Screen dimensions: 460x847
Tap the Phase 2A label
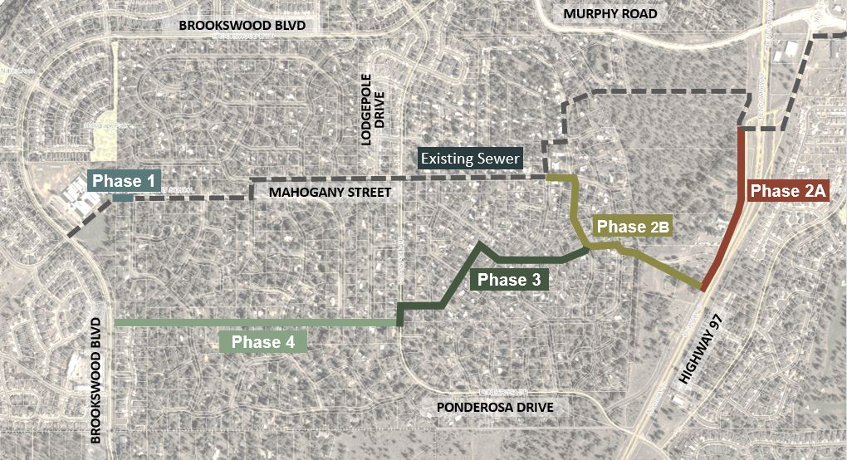click(x=787, y=191)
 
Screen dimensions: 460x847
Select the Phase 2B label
click(x=633, y=227)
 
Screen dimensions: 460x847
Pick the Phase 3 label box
click(x=509, y=280)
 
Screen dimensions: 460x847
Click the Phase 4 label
click(x=263, y=341)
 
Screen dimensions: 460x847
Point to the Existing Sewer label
click(x=470, y=158)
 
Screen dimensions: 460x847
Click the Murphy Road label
click(x=610, y=14)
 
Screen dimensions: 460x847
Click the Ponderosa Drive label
click(x=494, y=408)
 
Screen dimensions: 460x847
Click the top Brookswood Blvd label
click(x=242, y=26)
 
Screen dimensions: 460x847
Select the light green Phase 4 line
click(x=249, y=322)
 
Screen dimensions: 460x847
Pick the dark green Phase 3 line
click(x=531, y=261)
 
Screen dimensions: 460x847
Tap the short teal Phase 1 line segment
click(x=121, y=198)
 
